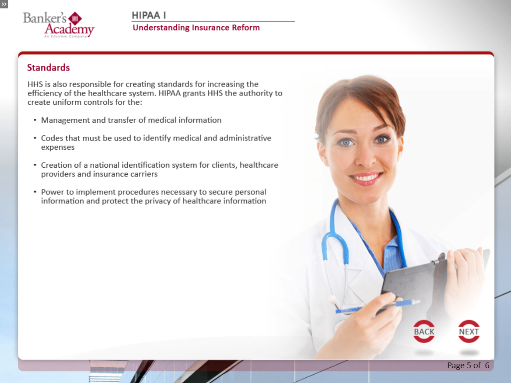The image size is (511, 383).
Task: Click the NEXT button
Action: click(469, 331)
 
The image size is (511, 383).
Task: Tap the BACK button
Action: click(423, 331)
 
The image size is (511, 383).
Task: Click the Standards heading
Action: click(48, 67)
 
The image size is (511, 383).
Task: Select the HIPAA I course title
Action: click(149, 15)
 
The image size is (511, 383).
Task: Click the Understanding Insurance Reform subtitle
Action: click(196, 28)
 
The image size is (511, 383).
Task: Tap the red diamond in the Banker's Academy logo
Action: click(75, 18)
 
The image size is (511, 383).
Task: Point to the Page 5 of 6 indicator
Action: click(468, 365)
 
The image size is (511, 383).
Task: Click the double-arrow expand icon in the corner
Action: click(4, 4)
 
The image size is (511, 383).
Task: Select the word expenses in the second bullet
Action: click(58, 148)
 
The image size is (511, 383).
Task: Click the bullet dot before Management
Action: click(35, 120)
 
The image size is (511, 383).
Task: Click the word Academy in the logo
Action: click(70, 29)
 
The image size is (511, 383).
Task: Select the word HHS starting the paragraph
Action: click(35, 84)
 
